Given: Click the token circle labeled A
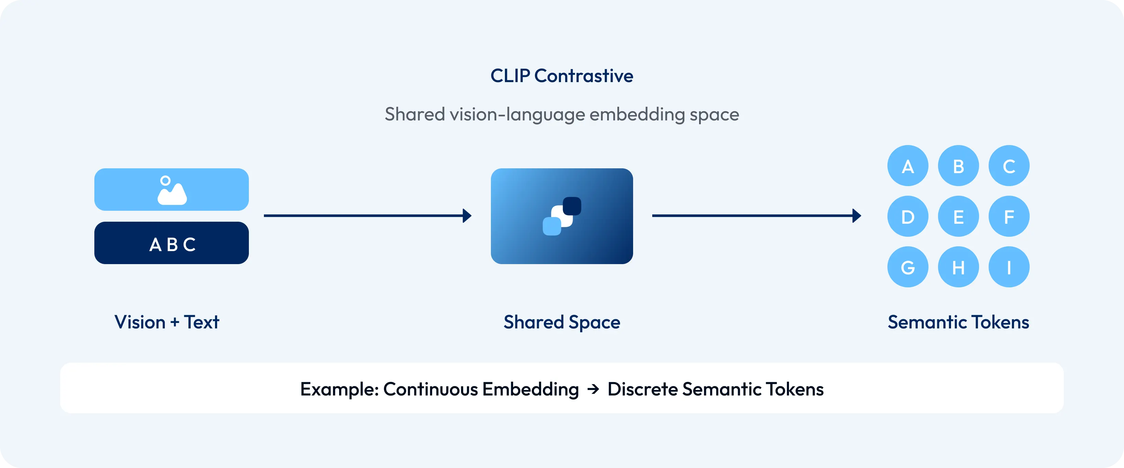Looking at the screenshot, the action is (x=908, y=166).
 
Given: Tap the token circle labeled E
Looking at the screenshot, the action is (x=958, y=217).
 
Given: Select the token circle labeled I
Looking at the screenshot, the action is (x=1009, y=267).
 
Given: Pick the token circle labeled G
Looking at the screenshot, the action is (x=908, y=267).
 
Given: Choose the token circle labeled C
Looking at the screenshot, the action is (x=1009, y=166).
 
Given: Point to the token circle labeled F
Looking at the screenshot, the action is (x=1009, y=217).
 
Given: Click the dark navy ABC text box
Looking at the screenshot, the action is (x=172, y=243).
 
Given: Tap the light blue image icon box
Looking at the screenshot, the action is (x=172, y=190).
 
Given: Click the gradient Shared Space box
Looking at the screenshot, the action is (x=562, y=216).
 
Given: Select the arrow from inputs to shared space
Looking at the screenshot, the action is (x=368, y=216).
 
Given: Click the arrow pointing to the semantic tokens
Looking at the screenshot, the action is (x=757, y=216).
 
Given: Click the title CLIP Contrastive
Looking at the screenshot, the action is (x=562, y=76).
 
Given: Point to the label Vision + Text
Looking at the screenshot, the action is (x=167, y=322).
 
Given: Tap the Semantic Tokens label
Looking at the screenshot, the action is (x=958, y=322).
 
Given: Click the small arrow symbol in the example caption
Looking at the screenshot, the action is (x=593, y=389).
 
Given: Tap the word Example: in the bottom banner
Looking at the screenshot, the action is (x=339, y=389).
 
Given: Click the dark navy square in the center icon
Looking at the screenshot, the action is (x=572, y=206).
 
